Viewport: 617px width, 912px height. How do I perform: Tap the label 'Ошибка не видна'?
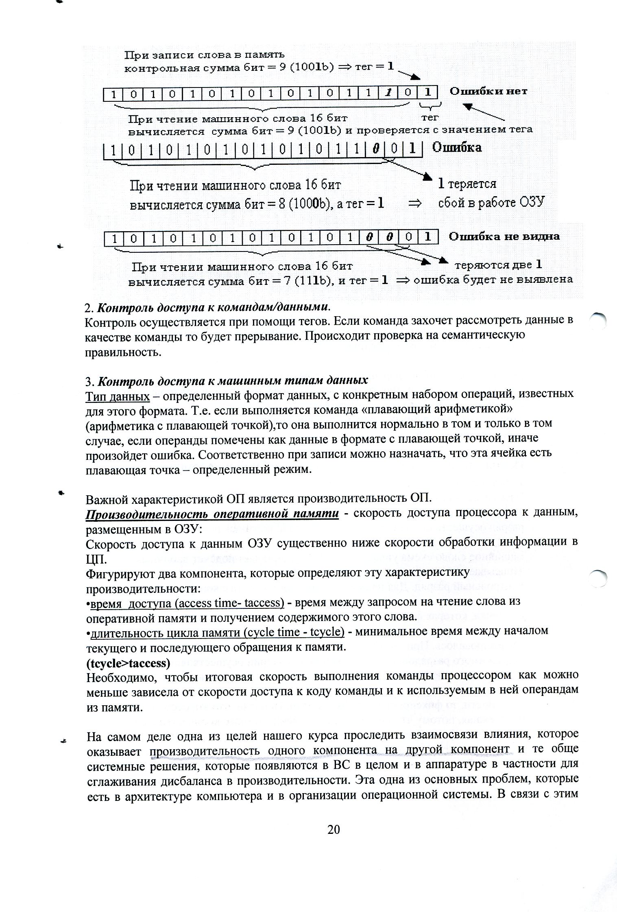pyautogui.click(x=504, y=236)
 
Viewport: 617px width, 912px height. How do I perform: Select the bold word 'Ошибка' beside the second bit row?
pyautogui.click(x=457, y=147)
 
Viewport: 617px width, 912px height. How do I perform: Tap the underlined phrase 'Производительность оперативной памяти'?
pyautogui.click(x=212, y=514)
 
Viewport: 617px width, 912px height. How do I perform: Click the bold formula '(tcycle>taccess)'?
pyautogui.click(x=128, y=663)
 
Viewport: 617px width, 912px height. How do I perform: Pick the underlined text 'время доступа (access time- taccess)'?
pyautogui.click(x=187, y=603)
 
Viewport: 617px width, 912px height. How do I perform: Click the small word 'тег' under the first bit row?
pyautogui.click(x=430, y=117)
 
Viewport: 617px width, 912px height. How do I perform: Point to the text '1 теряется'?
pyautogui.click(x=467, y=184)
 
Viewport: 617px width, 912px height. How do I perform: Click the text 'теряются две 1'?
pyautogui.click(x=499, y=265)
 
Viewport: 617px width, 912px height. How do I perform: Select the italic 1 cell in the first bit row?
pyautogui.click(x=388, y=94)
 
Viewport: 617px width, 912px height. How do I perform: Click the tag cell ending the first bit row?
pyautogui.click(x=427, y=93)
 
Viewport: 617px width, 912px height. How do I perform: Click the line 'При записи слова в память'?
pyautogui.click(x=204, y=55)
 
